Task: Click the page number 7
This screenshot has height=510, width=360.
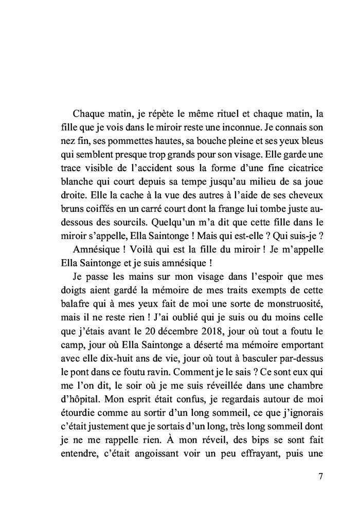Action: point(320,476)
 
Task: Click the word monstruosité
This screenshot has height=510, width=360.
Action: point(285,303)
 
